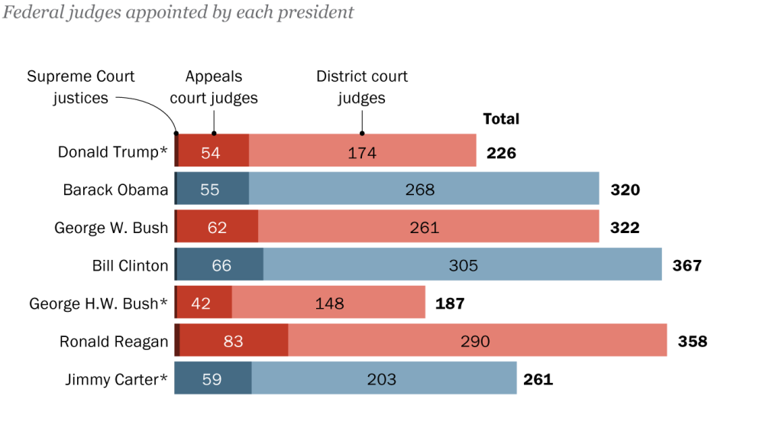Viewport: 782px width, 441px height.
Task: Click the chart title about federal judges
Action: (x=179, y=12)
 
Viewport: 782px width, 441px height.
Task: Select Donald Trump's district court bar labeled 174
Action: (x=363, y=151)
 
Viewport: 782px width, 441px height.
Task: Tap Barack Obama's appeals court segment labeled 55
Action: (x=212, y=189)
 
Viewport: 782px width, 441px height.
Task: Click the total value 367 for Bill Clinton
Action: (x=687, y=265)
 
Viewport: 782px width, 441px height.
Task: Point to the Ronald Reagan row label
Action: (x=114, y=341)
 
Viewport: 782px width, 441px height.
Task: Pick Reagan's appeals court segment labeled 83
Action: (x=234, y=341)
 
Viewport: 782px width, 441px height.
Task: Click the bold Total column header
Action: (x=501, y=118)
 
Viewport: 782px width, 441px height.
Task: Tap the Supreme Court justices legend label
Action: (x=81, y=87)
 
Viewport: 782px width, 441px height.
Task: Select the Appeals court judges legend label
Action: (x=214, y=87)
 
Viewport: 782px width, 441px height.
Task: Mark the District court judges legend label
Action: (x=362, y=87)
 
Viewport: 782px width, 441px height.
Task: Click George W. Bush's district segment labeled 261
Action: (x=428, y=227)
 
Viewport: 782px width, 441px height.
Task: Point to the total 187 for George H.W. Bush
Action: (x=450, y=303)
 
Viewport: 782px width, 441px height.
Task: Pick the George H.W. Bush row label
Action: (x=99, y=303)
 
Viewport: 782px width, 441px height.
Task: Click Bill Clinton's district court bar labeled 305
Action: (x=463, y=265)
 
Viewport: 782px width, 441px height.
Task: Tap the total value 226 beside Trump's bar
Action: (x=502, y=153)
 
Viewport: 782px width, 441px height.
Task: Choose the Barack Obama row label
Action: (x=115, y=190)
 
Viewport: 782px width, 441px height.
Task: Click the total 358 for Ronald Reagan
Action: (x=693, y=341)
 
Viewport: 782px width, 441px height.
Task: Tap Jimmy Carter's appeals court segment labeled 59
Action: (x=213, y=378)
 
